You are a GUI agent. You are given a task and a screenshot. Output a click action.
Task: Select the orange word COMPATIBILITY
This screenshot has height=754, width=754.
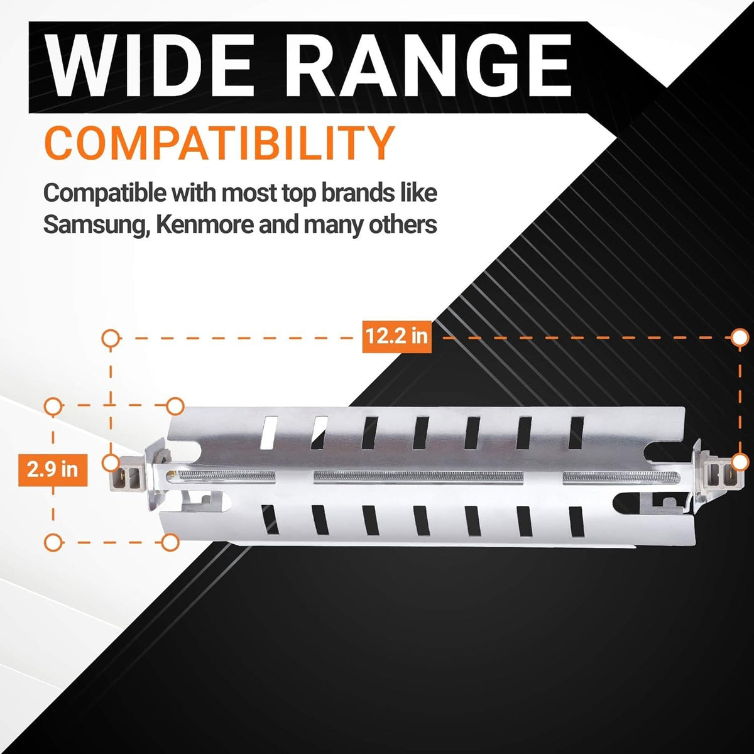219,143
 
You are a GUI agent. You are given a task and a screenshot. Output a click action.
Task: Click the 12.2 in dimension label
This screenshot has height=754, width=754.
396,337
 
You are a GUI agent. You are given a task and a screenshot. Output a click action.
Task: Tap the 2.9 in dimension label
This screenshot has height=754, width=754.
52,469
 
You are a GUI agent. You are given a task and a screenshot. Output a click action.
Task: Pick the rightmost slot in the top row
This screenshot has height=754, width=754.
576,432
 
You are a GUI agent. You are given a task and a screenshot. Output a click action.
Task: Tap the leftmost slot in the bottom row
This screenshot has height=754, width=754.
270,519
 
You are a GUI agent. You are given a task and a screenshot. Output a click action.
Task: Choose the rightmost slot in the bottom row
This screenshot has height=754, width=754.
577,522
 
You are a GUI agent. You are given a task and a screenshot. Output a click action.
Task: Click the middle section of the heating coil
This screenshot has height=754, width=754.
418,476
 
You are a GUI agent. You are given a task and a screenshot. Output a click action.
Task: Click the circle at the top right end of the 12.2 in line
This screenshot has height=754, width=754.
739,337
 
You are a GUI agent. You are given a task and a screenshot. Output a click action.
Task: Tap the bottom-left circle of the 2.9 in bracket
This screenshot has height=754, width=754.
53,542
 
